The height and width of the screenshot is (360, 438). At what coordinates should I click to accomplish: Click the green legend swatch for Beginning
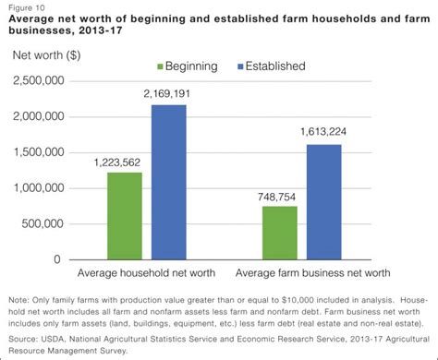pos(161,66)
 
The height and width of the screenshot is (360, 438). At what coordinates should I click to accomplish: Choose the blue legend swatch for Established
pos(242,66)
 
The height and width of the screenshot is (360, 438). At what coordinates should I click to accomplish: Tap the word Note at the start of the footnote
pos(18,301)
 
